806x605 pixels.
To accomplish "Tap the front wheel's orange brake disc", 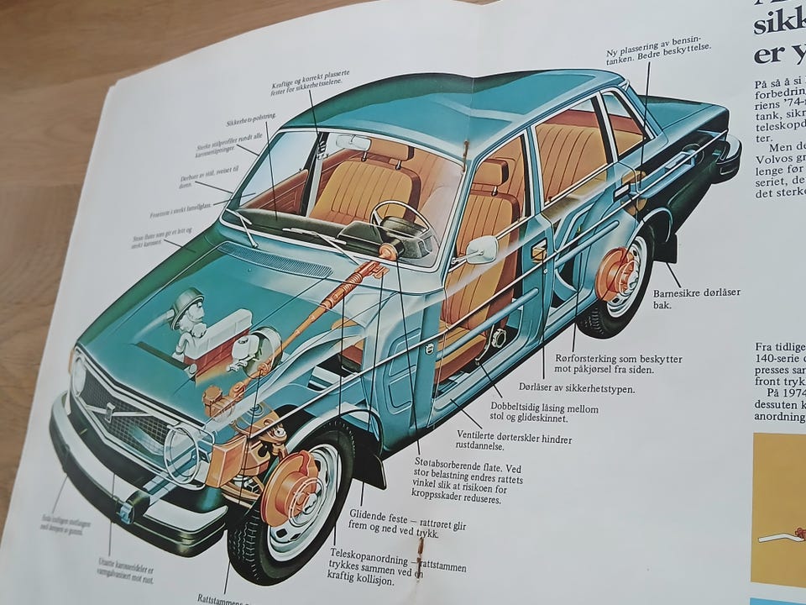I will point(290,488).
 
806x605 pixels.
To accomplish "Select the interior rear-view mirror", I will point(353,142).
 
